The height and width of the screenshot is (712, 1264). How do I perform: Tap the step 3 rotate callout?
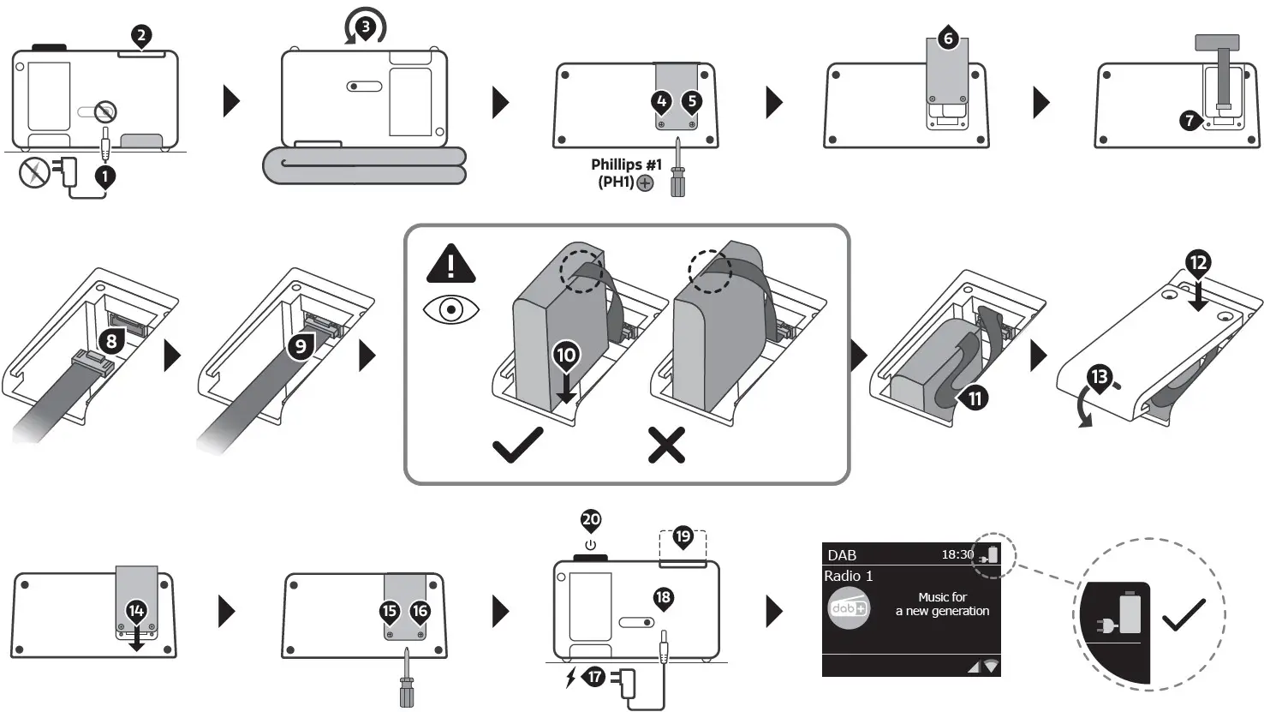point(366,27)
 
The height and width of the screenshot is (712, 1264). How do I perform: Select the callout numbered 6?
point(947,39)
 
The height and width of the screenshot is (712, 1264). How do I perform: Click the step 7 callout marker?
point(1189,120)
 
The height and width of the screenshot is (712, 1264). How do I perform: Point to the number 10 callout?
point(567,354)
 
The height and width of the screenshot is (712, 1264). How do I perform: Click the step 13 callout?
point(1099,376)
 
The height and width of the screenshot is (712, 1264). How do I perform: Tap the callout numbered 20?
point(591,519)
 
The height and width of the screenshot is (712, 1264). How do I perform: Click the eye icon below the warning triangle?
point(451,309)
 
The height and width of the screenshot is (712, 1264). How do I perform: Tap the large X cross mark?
point(666,446)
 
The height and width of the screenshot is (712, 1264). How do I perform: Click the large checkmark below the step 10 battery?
point(517,445)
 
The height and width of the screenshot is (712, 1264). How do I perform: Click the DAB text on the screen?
point(842,555)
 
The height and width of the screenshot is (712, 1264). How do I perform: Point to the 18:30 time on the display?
point(957,554)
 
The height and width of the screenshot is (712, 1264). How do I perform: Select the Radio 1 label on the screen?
point(848,576)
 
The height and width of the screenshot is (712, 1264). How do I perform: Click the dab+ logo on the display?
point(848,608)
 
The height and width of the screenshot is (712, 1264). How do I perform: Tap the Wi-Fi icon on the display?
point(991,666)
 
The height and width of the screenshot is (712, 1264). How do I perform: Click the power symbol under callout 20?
point(590,545)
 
